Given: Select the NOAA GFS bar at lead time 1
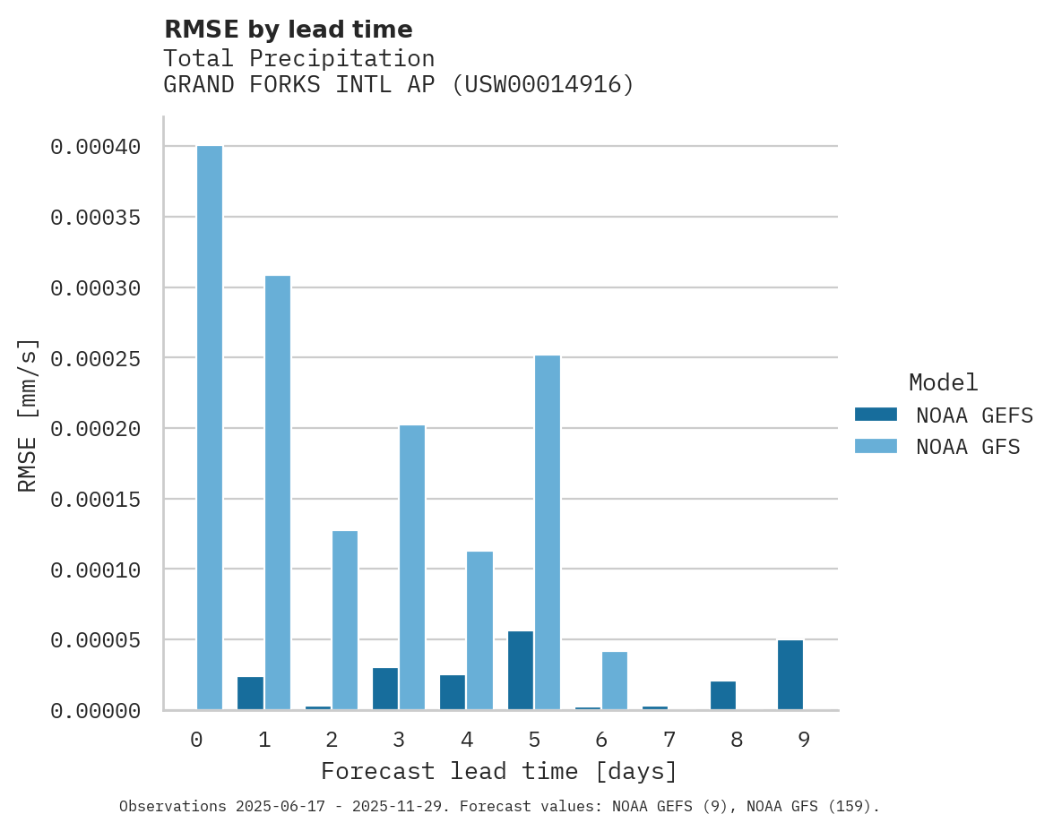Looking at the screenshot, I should pyautogui.click(x=278, y=493).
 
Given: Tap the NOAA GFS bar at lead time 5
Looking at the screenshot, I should pyautogui.click(x=548, y=533).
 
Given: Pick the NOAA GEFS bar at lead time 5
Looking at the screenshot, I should pyautogui.click(x=521, y=671).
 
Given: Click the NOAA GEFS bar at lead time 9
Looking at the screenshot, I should pyautogui.click(x=790, y=675).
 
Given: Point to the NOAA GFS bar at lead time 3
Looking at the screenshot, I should pyautogui.click(x=412, y=568).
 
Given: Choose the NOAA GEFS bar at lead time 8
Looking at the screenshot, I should pyautogui.click(x=723, y=696).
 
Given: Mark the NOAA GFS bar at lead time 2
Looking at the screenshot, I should pyautogui.click(x=345, y=621).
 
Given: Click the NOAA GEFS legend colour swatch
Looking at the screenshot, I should pyautogui.click(x=876, y=414).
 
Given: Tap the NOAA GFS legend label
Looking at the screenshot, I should pyautogui.click(x=968, y=446).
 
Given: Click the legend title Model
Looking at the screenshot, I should pyautogui.click(x=943, y=382).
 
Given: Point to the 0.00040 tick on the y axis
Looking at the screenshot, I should pyautogui.click(x=96, y=147).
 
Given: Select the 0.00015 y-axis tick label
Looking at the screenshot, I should pyautogui.click(x=96, y=499).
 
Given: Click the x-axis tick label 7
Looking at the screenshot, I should pyautogui.click(x=669, y=740).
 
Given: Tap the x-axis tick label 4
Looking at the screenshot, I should pyautogui.click(x=467, y=740).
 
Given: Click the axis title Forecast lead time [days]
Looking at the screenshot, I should pyautogui.click(x=499, y=771).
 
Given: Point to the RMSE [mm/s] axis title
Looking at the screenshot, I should pyautogui.click(x=28, y=415).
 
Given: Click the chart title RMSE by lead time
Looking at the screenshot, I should pyautogui.click(x=289, y=30).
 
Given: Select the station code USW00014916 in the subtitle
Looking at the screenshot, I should pyautogui.click(x=542, y=85).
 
